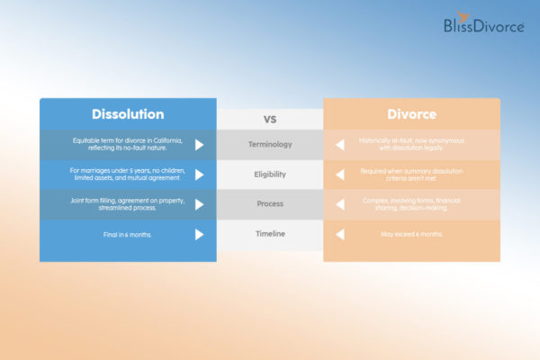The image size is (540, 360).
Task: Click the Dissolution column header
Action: tap(128, 114)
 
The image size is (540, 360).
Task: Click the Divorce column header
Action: tap(411, 115)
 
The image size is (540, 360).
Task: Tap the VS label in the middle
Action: tap(269, 119)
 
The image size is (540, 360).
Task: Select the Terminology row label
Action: tap(269, 144)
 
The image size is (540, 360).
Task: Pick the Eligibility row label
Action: tap(269, 174)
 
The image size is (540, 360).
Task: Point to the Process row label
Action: tap(269, 204)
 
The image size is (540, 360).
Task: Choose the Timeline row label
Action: tap(269, 234)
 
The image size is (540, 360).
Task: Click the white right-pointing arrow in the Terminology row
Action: tap(199, 144)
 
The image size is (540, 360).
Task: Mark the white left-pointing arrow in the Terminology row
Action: tap(340, 144)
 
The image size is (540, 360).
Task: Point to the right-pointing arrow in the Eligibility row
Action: tap(199, 174)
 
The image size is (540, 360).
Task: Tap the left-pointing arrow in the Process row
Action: tap(340, 204)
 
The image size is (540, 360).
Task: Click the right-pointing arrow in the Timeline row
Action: tap(199, 234)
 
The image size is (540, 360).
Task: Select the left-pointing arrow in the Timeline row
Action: tap(340, 234)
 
